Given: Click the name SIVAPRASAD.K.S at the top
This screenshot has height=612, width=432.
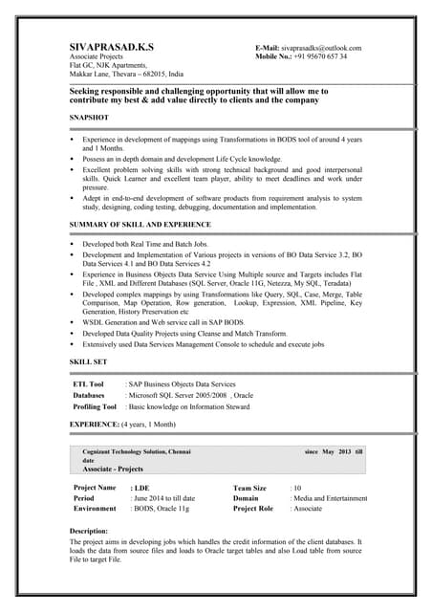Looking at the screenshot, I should pos(112,47).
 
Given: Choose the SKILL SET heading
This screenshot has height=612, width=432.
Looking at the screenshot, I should pos(88,362).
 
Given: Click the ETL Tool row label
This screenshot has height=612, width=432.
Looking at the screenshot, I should pos(89,383).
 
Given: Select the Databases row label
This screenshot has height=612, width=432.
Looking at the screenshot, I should pos(89,395).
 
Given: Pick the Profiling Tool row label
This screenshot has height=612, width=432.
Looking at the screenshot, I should pos(95,406).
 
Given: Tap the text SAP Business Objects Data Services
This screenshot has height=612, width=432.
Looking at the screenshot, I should pos(183,383).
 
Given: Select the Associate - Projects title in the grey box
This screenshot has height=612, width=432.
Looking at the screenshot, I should pos(113,470).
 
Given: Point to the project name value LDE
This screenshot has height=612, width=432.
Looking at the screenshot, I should pos(140,489).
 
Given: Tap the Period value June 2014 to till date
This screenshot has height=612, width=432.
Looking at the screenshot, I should pos(163,498).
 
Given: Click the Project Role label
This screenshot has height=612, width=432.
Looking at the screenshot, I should pos(253,509).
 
